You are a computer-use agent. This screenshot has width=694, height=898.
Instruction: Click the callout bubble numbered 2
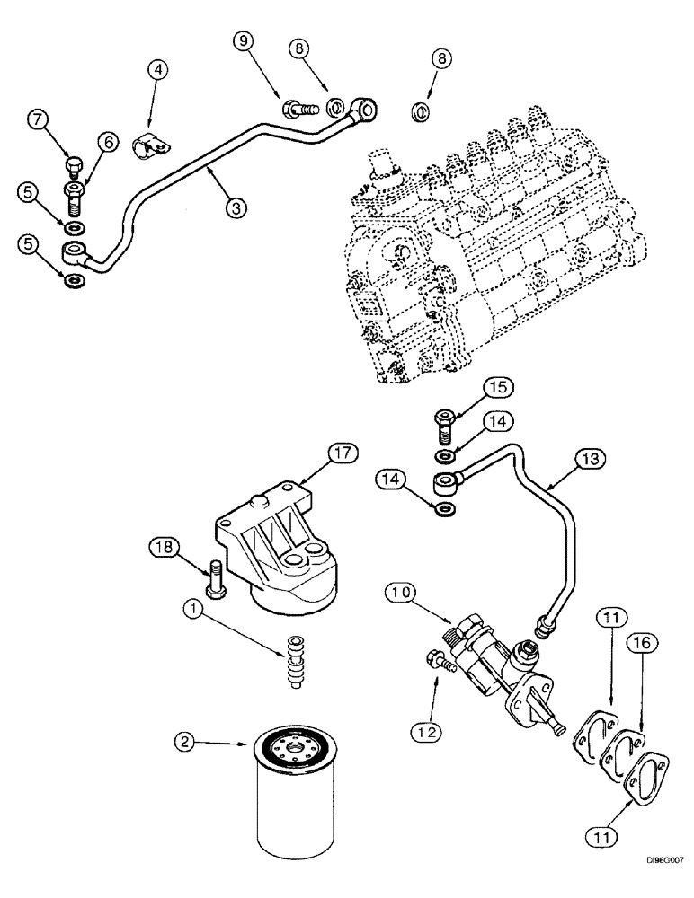click(x=185, y=742)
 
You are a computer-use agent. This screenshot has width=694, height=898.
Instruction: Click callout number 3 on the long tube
click(x=235, y=207)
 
